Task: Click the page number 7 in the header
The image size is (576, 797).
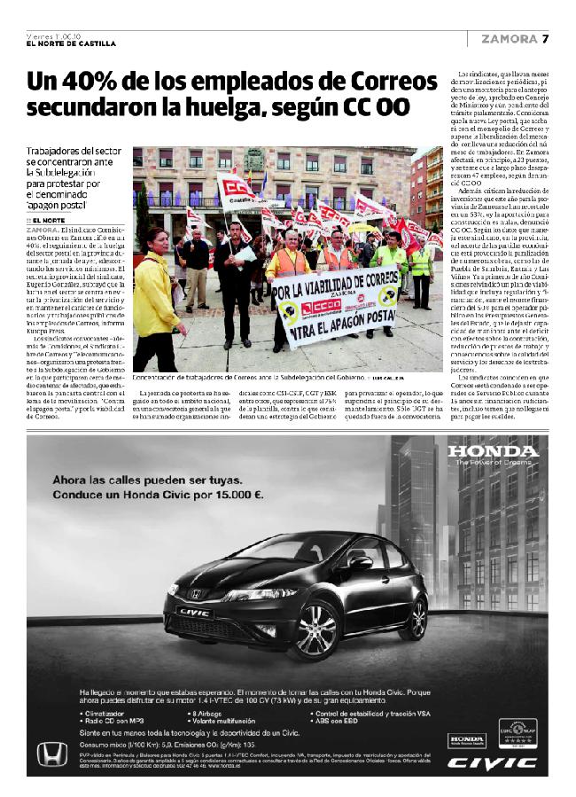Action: tap(547, 38)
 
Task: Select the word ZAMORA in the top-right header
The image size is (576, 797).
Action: tap(509, 38)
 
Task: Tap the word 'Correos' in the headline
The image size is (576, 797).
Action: tap(391, 83)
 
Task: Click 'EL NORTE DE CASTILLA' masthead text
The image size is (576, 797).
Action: tap(71, 44)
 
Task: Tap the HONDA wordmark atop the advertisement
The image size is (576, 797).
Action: tap(493, 452)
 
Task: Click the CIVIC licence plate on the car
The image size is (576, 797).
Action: tap(196, 613)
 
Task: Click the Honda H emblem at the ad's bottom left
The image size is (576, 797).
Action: tap(51, 755)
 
